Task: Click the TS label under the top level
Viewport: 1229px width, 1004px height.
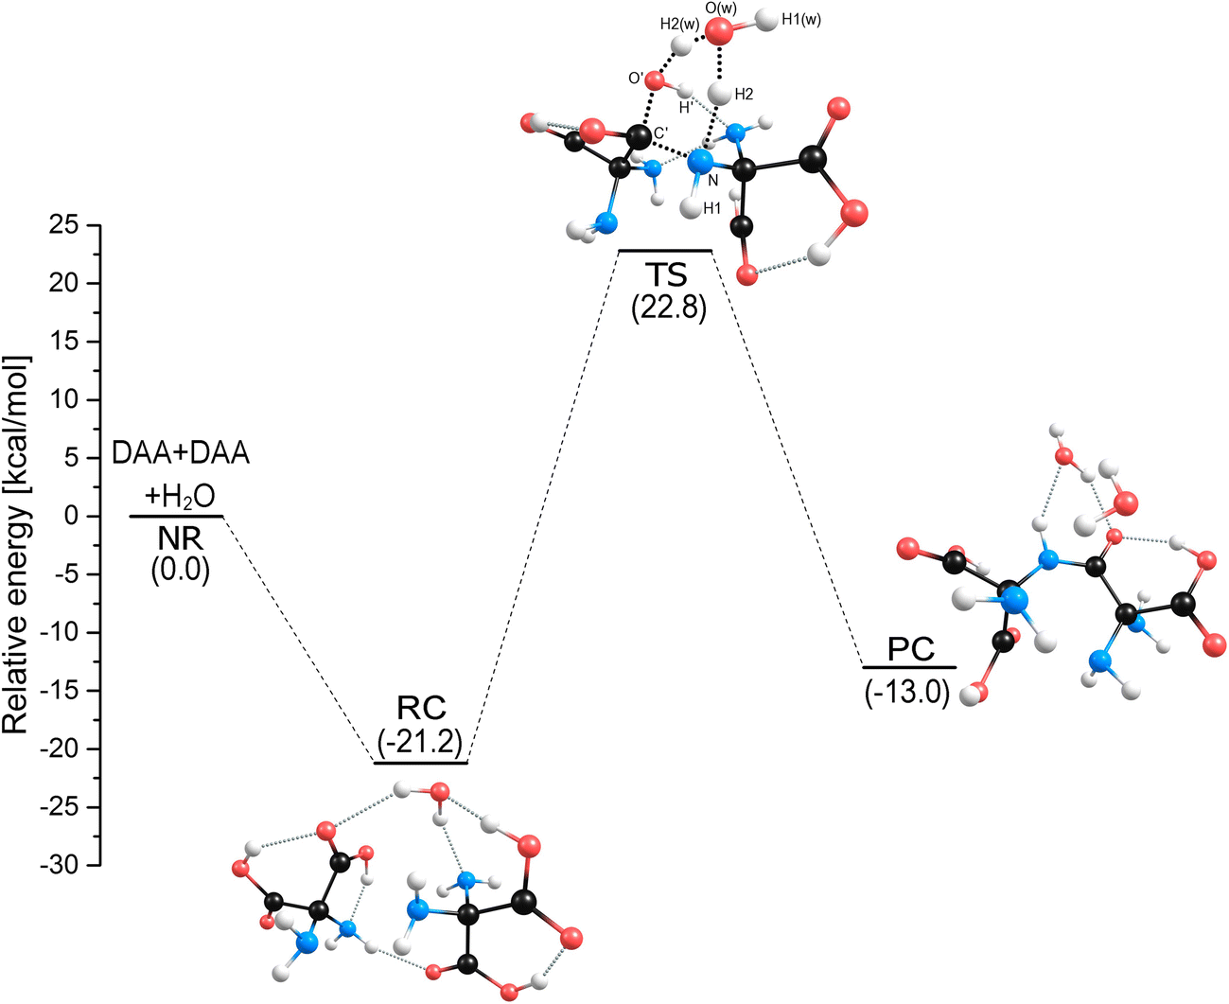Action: coord(668,275)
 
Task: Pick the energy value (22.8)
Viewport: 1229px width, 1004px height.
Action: coord(669,308)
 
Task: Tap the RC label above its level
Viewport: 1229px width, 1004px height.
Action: coord(421,707)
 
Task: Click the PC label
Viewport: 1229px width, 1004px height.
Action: coord(910,650)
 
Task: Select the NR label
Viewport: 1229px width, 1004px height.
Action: coord(179,538)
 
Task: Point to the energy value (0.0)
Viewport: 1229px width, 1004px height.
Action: coord(180,571)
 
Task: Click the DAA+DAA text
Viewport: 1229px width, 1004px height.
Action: coord(181,453)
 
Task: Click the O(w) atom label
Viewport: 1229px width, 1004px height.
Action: coord(722,9)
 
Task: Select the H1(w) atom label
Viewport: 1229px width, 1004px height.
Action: coord(801,19)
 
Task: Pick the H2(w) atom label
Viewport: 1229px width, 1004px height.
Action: coord(679,25)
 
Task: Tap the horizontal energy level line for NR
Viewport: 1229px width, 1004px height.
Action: coord(176,516)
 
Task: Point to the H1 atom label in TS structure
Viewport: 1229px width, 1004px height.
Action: coord(712,209)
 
